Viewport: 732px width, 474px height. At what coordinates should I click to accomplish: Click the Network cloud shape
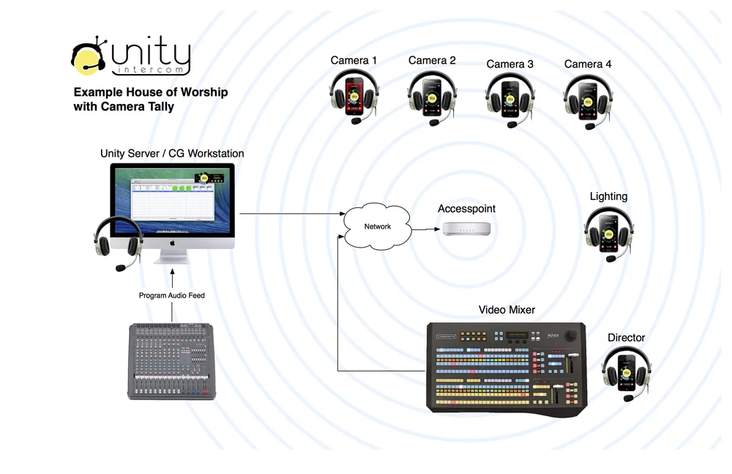click(x=377, y=226)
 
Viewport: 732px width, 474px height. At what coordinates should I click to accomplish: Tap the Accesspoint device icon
click(x=466, y=229)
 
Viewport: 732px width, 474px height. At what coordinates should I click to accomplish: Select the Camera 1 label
click(x=354, y=60)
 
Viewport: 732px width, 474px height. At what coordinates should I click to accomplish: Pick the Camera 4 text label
click(x=588, y=64)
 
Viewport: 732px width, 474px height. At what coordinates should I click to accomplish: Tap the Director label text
click(x=626, y=338)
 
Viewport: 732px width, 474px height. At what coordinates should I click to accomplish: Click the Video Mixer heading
click(x=507, y=310)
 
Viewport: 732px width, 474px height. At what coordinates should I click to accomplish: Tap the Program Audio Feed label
click(x=172, y=295)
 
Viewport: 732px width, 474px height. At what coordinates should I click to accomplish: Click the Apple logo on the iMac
click(x=173, y=241)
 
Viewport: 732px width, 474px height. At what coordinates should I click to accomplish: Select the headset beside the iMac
click(x=118, y=242)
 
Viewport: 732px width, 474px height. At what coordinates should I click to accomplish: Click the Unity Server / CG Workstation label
click(x=172, y=154)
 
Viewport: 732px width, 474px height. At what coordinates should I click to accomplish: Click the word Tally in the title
click(x=159, y=107)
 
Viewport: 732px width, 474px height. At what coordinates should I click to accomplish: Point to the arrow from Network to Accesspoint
click(x=425, y=229)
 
